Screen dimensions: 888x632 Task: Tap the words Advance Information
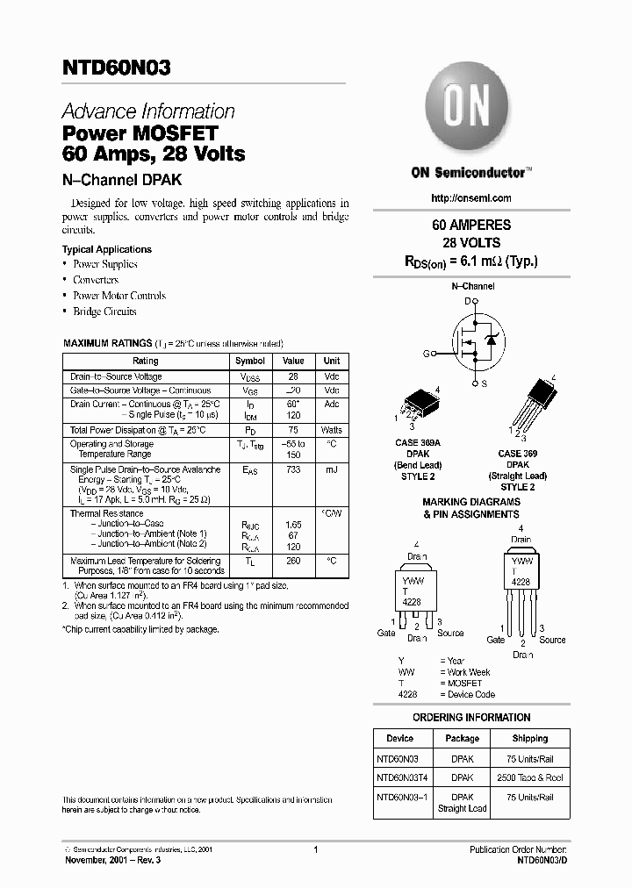pyautogui.click(x=148, y=111)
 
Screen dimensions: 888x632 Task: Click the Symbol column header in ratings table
pyautogui.click(x=250, y=361)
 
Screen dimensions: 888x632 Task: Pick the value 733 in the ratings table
pyautogui.click(x=293, y=470)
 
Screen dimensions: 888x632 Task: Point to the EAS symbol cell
pyautogui.click(x=250, y=471)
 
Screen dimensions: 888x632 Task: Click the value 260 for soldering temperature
pyautogui.click(x=293, y=561)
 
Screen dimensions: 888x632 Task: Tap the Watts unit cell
pyautogui.click(x=332, y=430)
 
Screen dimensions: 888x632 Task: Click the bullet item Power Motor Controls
pyautogui.click(x=118, y=296)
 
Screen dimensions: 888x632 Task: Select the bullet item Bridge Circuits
pyautogui.click(x=104, y=312)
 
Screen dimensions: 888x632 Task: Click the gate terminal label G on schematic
pyautogui.click(x=427, y=354)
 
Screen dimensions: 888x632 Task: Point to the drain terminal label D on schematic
pyautogui.click(x=468, y=301)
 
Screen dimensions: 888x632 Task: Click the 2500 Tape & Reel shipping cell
pyautogui.click(x=529, y=777)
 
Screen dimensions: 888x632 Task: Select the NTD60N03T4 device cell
pyautogui.click(x=400, y=777)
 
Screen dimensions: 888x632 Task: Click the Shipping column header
pyautogui.click(x=529, y=739)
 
